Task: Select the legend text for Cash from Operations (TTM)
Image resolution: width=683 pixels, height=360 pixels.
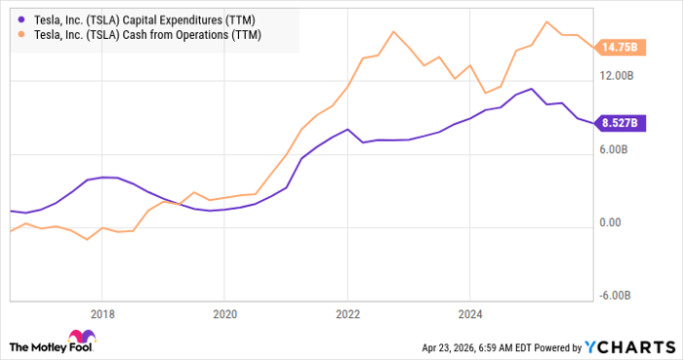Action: (145, 34)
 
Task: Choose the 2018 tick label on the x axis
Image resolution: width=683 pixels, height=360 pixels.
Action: (102, 314)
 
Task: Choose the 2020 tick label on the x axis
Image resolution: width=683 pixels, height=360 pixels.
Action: (224, 314)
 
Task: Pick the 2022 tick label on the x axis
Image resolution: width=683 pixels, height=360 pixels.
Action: (346, 314)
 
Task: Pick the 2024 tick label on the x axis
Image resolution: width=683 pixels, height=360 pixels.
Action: (469, 314)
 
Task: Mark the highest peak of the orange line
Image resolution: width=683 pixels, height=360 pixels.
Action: (546, 21)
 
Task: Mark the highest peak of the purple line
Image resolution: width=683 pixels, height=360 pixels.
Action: (531, 89)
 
